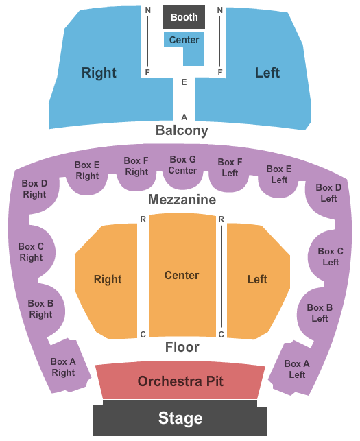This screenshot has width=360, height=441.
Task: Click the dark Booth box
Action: pos(184,17)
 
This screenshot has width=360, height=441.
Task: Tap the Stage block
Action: pos(180,418)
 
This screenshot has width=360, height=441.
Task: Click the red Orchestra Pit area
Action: pos(180,381)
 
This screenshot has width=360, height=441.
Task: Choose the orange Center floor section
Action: pos(182,275)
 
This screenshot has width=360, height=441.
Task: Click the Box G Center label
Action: pos(182,165)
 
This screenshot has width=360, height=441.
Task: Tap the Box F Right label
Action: pos(136,166)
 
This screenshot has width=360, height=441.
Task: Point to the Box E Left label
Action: pos(279,174)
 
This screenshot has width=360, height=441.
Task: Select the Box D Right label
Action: pos(34,189)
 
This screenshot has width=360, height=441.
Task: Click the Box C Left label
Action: pos(331,257)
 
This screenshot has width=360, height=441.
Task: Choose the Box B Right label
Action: pos(40,309)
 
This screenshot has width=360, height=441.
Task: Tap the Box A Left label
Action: pos(297,369)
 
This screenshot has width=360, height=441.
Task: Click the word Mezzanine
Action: pos(182,200)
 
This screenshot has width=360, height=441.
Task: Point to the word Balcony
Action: pos(182,130)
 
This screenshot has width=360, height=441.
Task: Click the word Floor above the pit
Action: pos(182,347)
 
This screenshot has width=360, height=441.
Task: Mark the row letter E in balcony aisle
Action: pos(184,82)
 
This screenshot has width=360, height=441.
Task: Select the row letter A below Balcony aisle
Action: pos(184,117)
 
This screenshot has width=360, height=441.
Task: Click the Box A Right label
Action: pos(63,367)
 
